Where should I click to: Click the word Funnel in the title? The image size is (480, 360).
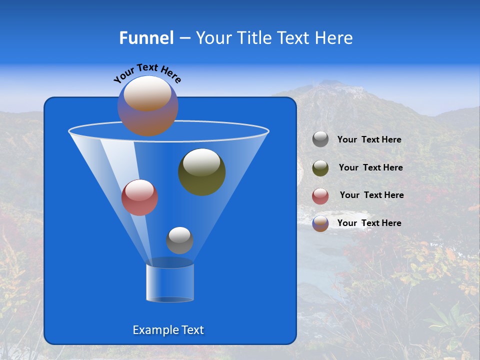click(146, 38)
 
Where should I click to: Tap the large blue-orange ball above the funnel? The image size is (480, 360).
click(147, 105)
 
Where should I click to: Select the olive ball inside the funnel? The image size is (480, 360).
click(202, 171)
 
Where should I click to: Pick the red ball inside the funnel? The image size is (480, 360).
click(139, 197)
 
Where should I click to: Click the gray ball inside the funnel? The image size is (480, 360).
click(179, 240)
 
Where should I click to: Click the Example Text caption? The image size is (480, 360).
click(168, 330)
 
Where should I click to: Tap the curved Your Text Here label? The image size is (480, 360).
click(147, 73)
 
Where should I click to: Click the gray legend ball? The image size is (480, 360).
click(320, 139)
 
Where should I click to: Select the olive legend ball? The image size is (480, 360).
click(320, 167)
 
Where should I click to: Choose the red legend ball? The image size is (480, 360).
click(320, 196)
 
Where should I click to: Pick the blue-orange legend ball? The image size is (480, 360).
click(320, 223)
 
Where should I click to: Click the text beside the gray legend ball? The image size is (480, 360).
click(369, 139)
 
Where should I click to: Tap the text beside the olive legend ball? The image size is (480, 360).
click(370, 167)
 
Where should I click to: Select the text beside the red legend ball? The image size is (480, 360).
click(371, 195)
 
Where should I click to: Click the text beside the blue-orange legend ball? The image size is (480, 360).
click(369, 223)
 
